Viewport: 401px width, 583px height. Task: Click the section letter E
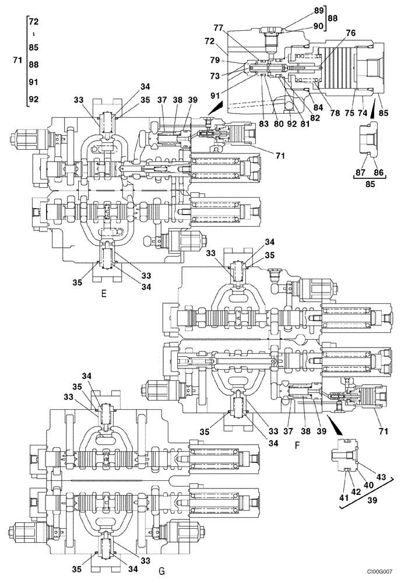[x=103, y=293]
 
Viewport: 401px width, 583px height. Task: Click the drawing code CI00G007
[x=381, y=574]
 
